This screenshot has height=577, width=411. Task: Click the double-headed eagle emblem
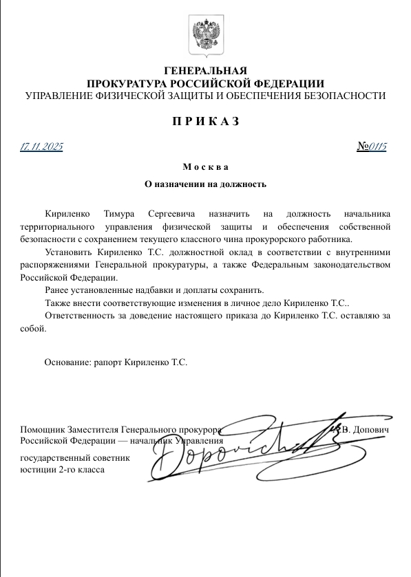[x=205, y=36]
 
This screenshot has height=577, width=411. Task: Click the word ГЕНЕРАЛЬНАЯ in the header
[x=205, y=71]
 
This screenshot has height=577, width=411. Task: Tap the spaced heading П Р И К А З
[x=205, y=122]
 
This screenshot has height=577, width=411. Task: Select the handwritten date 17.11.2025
[x=42, y=146]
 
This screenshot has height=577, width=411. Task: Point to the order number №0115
[x=372, y=146]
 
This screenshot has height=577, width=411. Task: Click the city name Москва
[x=205, y=167]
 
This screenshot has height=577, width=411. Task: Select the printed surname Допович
[x=372, y=429]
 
